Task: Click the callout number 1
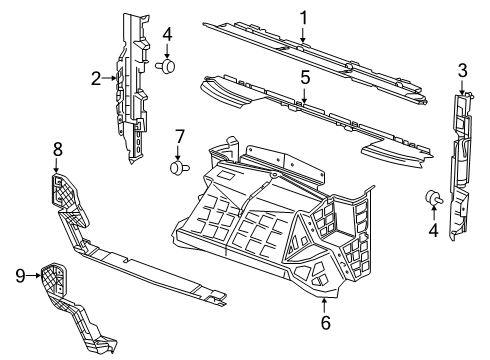coord(303,17)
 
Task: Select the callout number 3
coord(462,69)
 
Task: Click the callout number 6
coord(326,323)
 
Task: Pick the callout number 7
coord(180,135)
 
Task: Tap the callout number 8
coord(57,149)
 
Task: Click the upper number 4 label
coord(167,35)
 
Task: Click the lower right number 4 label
coord(434,231)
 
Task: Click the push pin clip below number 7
coord(179,168)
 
